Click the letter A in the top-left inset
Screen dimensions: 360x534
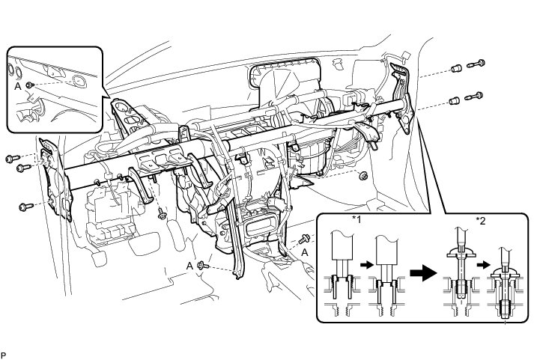17,86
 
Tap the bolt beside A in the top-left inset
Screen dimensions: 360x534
28,86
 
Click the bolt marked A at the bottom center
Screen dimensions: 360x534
203,265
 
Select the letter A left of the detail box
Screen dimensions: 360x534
306,252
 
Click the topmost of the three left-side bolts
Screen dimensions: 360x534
10,158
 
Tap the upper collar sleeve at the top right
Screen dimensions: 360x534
454,69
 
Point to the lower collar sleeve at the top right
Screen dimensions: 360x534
454,100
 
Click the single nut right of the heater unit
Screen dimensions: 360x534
363,176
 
